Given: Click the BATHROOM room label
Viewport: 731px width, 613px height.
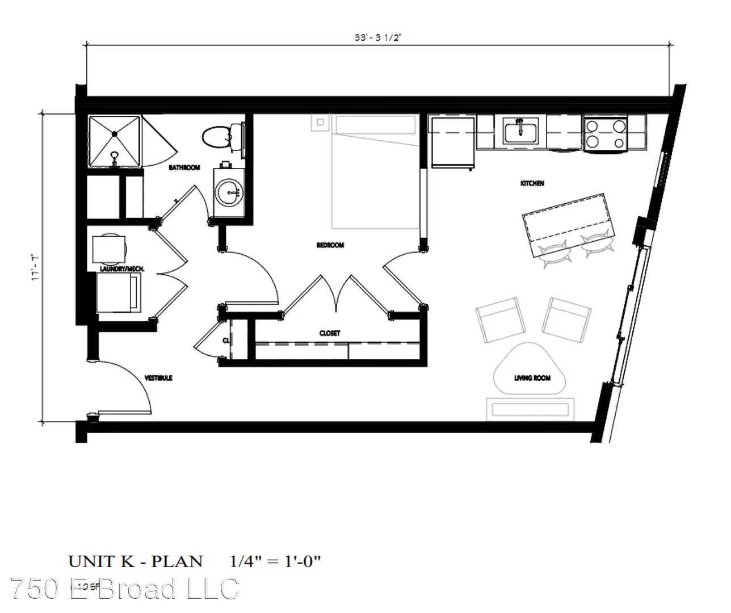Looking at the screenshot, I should pos(184,168).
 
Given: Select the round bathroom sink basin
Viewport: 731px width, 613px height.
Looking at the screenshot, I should pos(230,194).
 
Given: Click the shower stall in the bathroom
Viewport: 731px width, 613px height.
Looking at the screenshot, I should pos(114,141).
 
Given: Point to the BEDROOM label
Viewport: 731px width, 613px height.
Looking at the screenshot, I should pos(330,245).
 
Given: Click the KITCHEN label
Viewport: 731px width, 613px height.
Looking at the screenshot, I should pos(532,183).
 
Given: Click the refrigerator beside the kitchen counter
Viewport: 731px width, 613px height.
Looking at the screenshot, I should pos(452,142).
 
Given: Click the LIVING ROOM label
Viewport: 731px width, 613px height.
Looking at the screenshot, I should pos(532,378).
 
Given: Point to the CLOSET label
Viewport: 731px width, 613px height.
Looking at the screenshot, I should pos(329,333).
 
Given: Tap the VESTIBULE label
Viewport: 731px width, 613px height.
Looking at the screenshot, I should pos(158,378).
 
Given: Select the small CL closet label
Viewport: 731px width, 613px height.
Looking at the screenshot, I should pos(225,341).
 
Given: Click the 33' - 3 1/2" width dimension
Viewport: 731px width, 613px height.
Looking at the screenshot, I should pos(377,38).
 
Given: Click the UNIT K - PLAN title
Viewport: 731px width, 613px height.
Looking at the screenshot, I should pos(135,562).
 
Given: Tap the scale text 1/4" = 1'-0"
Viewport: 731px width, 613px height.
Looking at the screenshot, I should pos(276,562).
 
